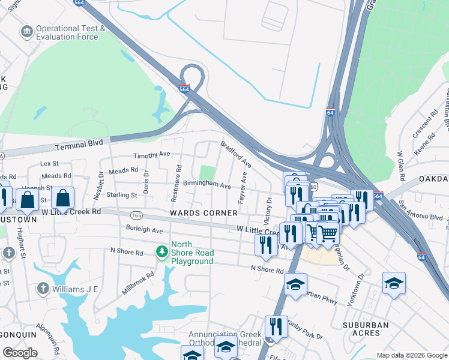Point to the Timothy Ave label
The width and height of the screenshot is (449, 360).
pos(152,155)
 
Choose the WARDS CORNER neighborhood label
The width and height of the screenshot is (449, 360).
pos(199,213)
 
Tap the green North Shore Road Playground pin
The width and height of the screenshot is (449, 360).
pos(161,250)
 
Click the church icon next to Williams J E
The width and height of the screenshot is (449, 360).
pos(43,289)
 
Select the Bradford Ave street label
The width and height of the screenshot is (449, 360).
pos(235,154)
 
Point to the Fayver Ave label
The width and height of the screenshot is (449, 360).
pos(243,188)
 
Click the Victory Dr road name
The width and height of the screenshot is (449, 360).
pos(270,208)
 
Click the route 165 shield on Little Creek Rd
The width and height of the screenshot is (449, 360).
pos(137,214)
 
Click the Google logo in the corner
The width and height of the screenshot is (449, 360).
pos(20,353)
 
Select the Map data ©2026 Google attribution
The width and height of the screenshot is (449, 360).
pos(412,355)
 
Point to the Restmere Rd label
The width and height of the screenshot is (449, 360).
pos(177,175)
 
